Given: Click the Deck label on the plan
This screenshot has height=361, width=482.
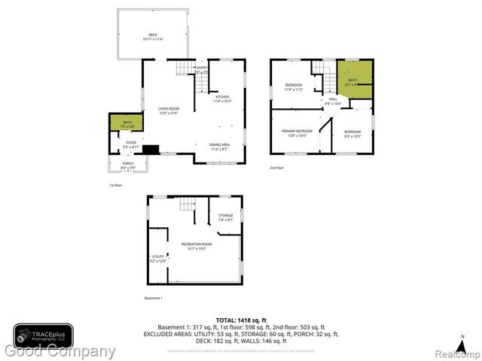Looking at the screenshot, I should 153,36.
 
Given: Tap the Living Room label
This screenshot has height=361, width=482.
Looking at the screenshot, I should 168,111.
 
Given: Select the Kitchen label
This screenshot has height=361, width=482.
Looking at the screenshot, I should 223,98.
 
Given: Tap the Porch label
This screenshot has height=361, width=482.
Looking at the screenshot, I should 127,165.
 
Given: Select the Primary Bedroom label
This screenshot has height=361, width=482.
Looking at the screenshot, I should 297,132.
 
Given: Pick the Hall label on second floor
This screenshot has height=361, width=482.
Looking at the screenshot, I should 332,102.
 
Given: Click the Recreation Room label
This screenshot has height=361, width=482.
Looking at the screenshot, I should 196,246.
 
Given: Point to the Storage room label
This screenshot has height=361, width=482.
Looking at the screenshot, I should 226,217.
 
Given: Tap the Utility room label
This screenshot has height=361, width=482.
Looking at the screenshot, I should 157,258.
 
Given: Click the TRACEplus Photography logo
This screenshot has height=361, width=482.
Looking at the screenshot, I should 43,336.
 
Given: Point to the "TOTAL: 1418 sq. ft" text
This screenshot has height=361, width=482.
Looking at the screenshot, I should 241,320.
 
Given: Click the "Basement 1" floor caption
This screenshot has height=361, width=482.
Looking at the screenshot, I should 154,299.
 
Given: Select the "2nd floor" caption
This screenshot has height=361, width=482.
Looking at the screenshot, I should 277,168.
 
